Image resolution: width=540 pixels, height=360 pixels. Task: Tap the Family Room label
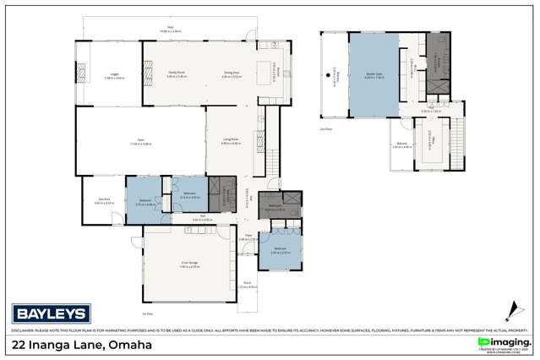[x=175, y=74]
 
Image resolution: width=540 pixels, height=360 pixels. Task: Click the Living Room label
[x=230, y=142]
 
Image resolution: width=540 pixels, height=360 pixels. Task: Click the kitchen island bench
[x=273, y=70]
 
